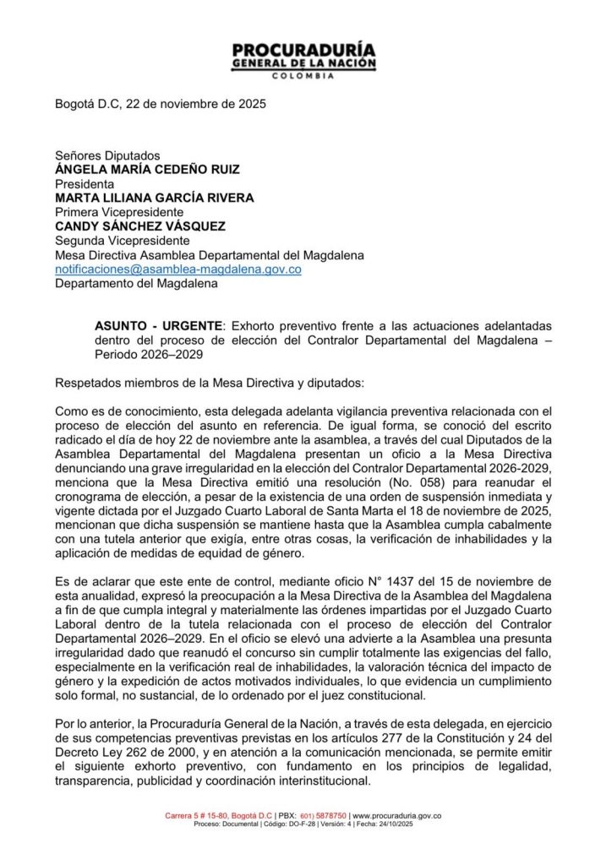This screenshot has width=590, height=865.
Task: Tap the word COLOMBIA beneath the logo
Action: tap(303, 76)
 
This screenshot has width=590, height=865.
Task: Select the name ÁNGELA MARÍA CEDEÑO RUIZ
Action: tap(147, 170)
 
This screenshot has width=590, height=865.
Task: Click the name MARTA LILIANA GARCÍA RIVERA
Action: tap(155, 198)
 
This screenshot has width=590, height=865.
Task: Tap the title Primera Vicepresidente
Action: tap(118, 212)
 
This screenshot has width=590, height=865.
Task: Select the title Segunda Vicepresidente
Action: tap(122, 241)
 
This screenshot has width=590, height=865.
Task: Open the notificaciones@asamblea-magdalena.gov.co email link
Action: tap(178, 269)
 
